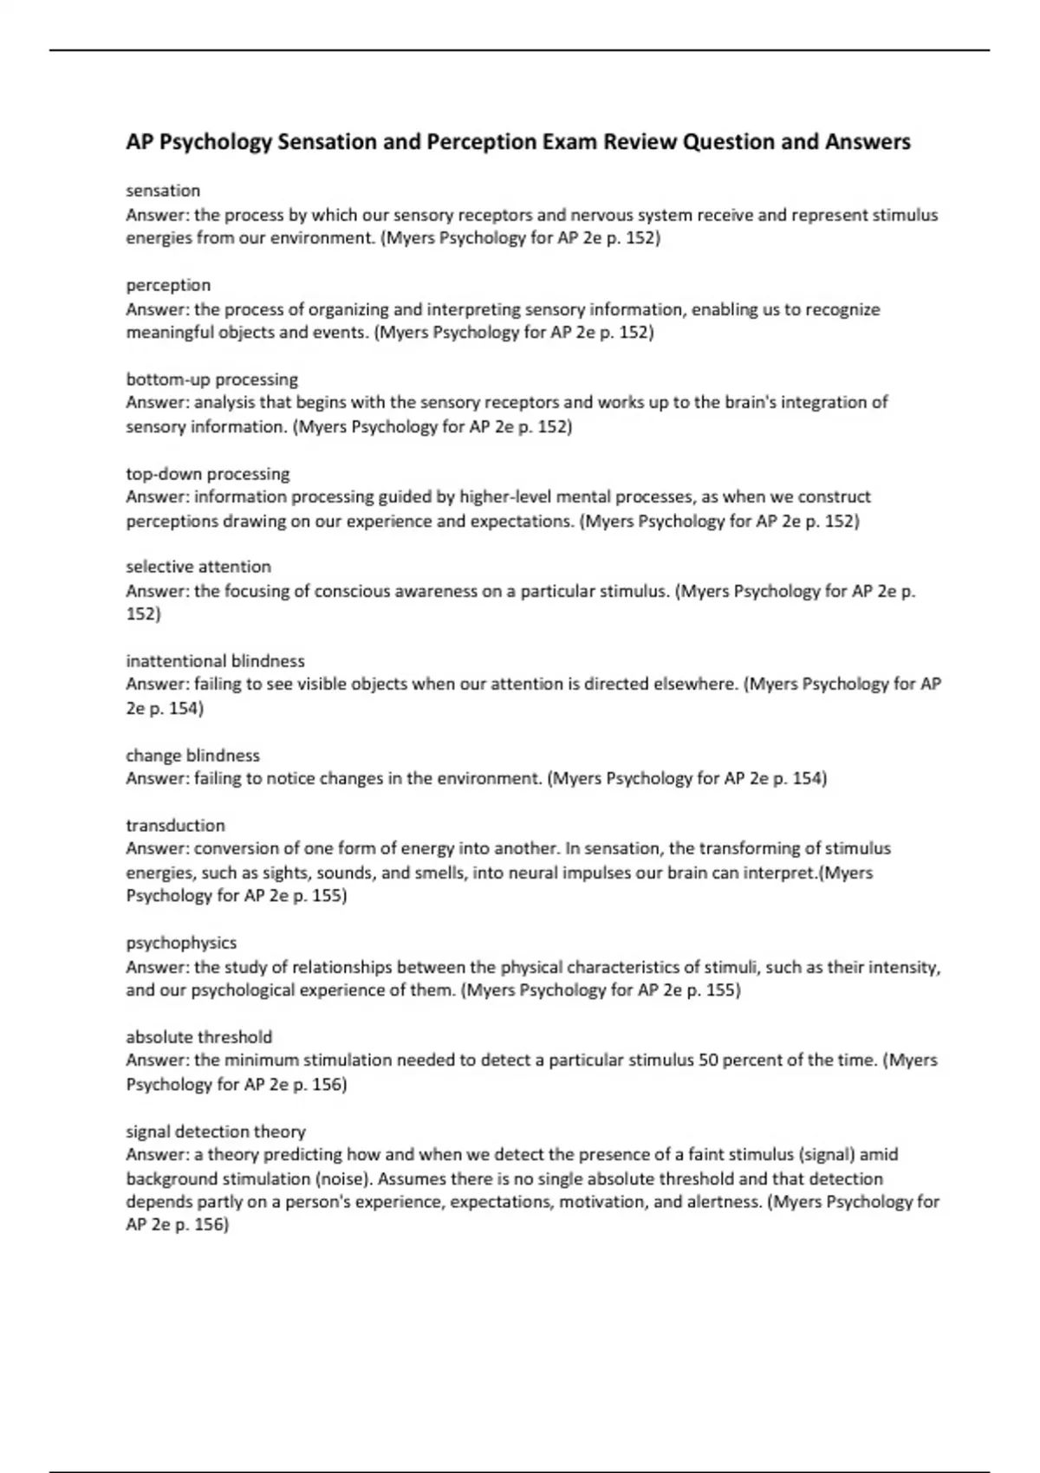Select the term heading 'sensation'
coord(163,191)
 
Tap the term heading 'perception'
coord(168,285)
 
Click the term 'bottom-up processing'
coord(211,380)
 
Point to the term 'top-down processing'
coord(208,474)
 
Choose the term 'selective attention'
coord(198,567)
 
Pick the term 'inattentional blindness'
coord(215,661)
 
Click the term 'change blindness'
coord(192,756)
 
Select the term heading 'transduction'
coord(175,826)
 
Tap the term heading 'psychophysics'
coord(181,943)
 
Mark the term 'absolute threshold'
coord(198,1037)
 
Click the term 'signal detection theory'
coord(216,1132)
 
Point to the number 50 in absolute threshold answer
coord(708,1061)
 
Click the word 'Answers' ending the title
coord(868,142)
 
